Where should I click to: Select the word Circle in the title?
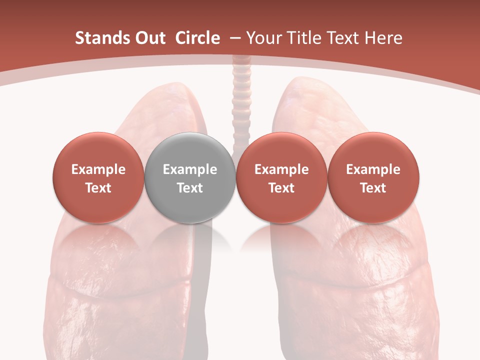tap(197, 38)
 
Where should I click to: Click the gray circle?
tap(190, 177)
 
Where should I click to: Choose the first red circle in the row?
tap(98, 177)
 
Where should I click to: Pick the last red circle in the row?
tap(373, 177)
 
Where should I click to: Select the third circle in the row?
tap(281, 177)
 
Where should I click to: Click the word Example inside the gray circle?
tap(190, 169)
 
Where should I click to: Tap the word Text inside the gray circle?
tap(190, 188)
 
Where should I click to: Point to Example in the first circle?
tap(98, 169)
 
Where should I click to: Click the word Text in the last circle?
tap(373, 188)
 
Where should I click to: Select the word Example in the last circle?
tap(373, 169)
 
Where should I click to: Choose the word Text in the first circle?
tap(98, 188)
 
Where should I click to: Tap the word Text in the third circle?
tap(281, 188)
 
